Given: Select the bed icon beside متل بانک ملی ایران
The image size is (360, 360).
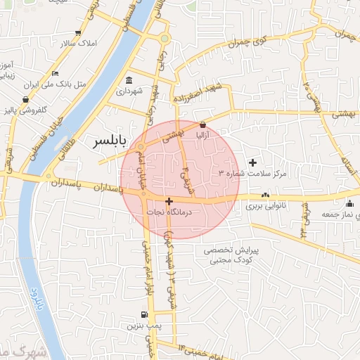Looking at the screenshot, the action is (x=56, y=73).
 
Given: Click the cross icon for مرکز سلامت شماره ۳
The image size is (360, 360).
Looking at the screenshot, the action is (x=253, y=163).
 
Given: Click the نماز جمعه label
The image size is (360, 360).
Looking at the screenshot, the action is (x=335, y=213).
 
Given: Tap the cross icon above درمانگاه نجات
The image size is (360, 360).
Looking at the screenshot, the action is (x=168, y=201).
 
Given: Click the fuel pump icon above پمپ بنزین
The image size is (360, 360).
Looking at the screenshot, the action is (x=145, y=314).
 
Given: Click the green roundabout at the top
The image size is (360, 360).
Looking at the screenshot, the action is (x=165, y=38).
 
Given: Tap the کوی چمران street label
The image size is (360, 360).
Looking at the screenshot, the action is (x=249, y=41).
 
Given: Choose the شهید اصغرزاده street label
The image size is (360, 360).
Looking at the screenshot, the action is (x=205, y=94).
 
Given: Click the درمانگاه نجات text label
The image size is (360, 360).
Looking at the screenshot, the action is (x=167, y=211).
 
